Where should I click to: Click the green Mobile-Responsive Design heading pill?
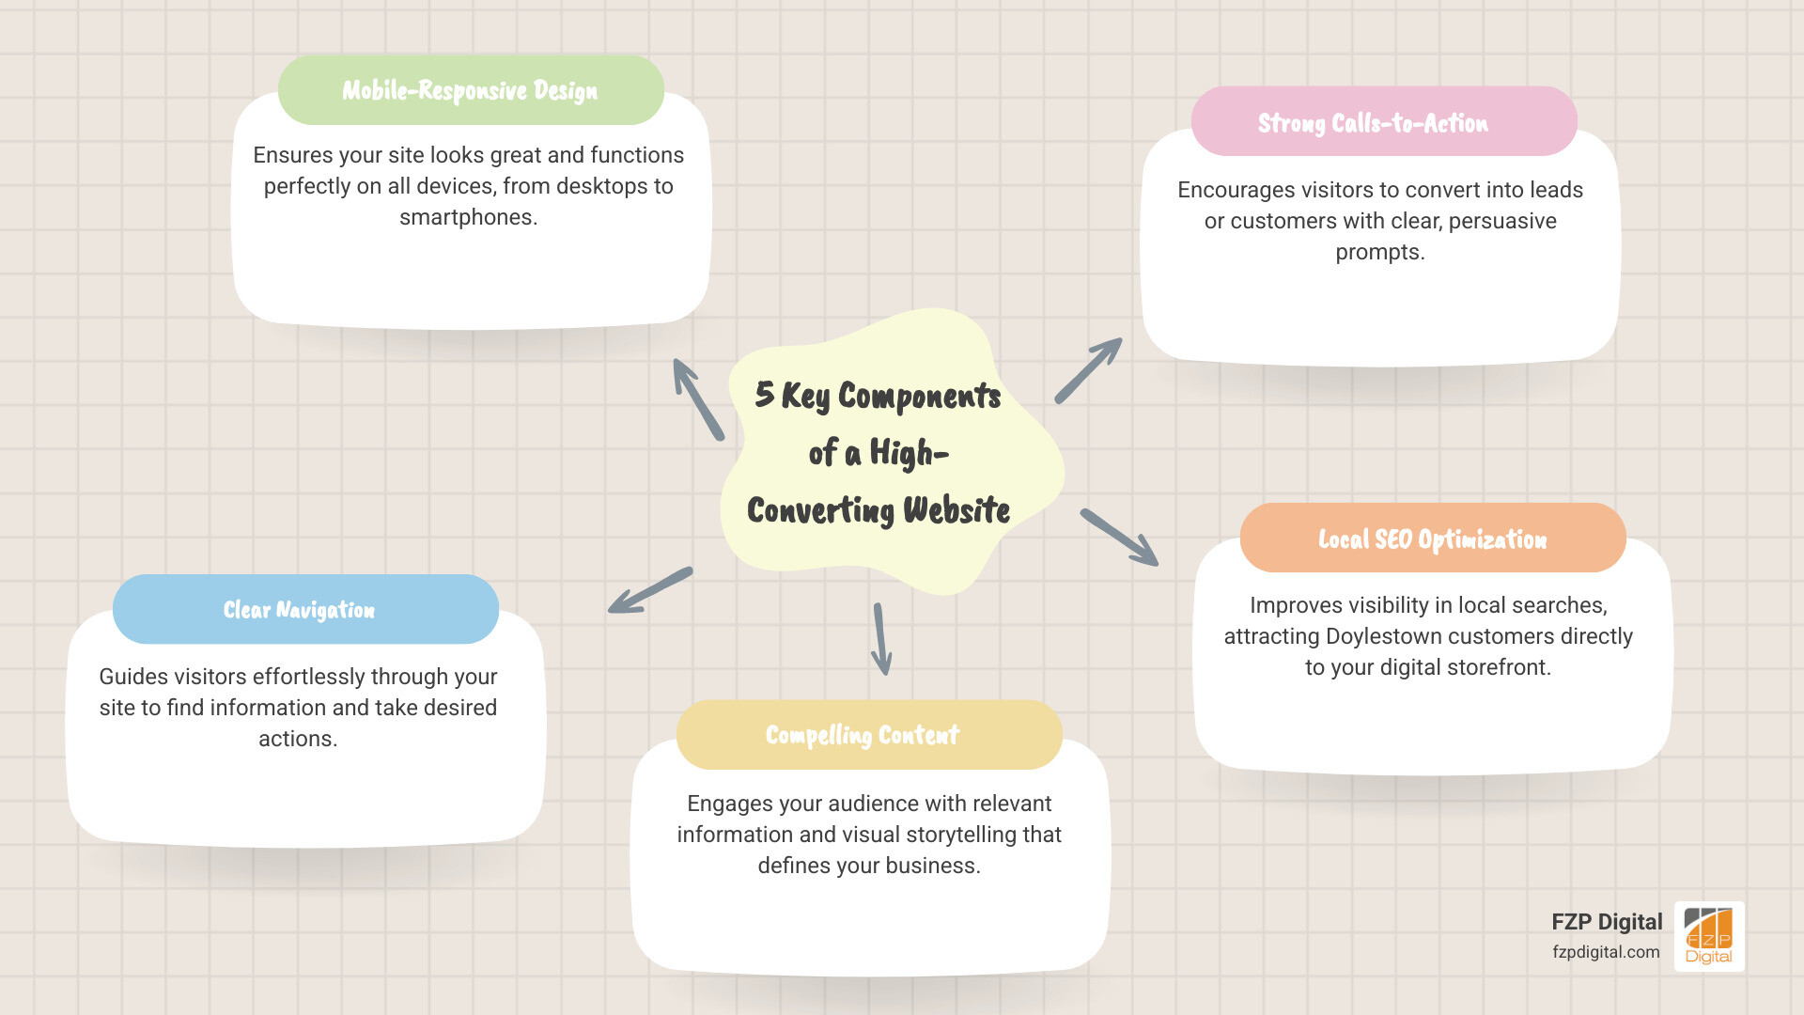(x=471, y=90)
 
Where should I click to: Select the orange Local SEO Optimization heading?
(x=1432, y=539)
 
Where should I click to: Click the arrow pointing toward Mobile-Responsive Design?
(x=697, y=399)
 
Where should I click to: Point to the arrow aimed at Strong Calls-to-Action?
(x=1089, y=370)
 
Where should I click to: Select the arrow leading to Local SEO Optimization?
(x=1119, y=538)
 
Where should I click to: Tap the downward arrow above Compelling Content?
(x=880, y=639)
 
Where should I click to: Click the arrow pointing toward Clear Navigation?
(x=649, y=591)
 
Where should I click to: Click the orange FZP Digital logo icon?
(x=1708, y=936)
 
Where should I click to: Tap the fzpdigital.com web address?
(x=1605, y=952)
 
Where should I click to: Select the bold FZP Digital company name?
(x=1606, y=922)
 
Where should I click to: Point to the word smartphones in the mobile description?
(x=467, y=217)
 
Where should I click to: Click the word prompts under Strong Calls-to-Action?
(x=1379, y=252)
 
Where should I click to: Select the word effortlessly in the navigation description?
(x=309, y=677)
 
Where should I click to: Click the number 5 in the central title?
(x=764, y=394)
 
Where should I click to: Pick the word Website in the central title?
(x=956, y=510)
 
